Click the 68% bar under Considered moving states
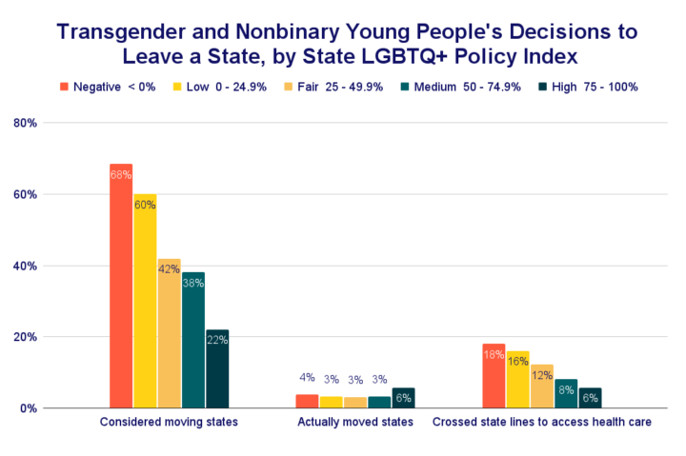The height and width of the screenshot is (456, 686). pyautogui.click(x=121, y=286)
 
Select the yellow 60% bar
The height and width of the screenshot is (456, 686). pyautogui.click(x=145, y=301)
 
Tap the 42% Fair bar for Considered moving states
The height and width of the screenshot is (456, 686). pyautogui.click(x=169, y=333)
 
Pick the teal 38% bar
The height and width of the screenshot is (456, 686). pyautogui.click(x=193, y=340)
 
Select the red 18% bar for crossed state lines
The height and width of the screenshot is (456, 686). pyautogui.click(x=494, y=376)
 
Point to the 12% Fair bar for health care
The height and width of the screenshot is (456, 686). pyautogui.click(x=542, y=386)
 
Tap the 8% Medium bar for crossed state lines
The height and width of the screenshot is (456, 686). pyautogui.click(x=566, y=393)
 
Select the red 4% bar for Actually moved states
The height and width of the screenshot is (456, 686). pyautogui.click(x=307, y=401)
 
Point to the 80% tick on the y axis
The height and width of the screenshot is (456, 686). pyautogui.click(x=25, y=123)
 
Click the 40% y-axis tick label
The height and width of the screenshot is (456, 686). pyautogui.click(x=25, y=266)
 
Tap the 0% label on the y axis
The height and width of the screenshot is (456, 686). pyautogui.click(x=28, y=408)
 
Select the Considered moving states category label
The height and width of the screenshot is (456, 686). pyautogui.click(x=169, y=422)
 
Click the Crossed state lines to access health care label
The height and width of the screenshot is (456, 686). pyautogui.click(x=542, y=422)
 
